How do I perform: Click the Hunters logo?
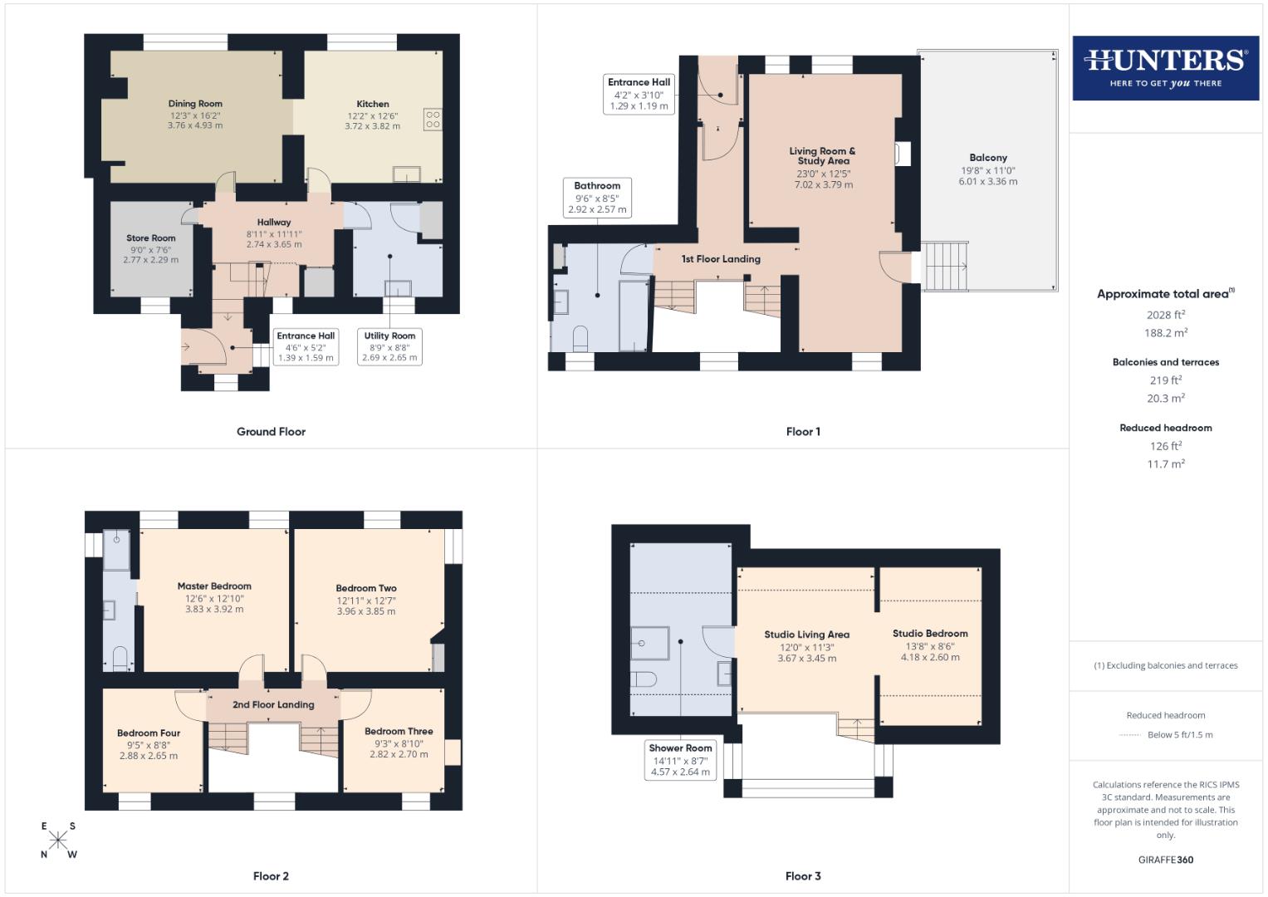(x=1165, y=68)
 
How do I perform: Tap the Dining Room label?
(x=195, y=104)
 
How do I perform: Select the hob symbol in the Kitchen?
(x=432, y=119)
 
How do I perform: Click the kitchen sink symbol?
(x=407, y=174)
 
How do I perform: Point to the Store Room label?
(x=150, y=238)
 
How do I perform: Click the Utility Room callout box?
(x=389, y=347)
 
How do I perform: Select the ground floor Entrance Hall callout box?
(x=306, y=347)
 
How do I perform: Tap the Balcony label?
(x=987, y=158)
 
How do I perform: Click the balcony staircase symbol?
(x=947, y=266)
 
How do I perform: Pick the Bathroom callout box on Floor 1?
(x=596, y=198)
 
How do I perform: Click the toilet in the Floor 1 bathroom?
(x=580, y=337)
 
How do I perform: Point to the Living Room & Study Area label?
(x=823, y=156)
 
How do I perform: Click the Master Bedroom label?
(x=214, y=586)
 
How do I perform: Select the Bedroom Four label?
(x=149, y=733)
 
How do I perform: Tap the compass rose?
(x=58, y=841)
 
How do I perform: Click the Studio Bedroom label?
(x=930, y=634)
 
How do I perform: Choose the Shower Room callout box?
(x=680, y=760)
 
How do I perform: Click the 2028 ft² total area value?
(x=1165, y=315)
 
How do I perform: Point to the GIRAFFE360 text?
(x=1165, y=860)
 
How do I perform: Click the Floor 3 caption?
(x=803, y=876)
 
